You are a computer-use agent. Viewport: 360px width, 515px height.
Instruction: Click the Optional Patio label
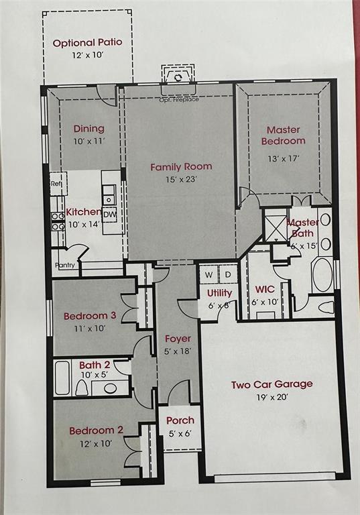point(87,43)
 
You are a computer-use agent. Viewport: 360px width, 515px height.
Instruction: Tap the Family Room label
point(181,167)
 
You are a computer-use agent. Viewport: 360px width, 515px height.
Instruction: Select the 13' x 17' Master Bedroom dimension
point(283,158)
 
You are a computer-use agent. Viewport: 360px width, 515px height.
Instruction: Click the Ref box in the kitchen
point(58,183)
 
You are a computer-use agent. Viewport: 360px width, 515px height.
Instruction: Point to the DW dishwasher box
point(110,215)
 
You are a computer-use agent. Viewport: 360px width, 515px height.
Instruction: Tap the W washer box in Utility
point(209,274)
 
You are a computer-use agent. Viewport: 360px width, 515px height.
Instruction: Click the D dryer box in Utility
point(228,274)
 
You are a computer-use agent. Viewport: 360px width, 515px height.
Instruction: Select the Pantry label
point(65,265)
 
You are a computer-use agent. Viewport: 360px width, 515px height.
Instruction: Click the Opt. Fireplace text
point(179,99)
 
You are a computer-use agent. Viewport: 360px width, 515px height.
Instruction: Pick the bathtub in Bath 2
point(62,378)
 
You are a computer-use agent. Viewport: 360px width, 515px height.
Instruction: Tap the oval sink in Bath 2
point(111,388)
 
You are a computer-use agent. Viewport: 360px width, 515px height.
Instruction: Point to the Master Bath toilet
point(326,307)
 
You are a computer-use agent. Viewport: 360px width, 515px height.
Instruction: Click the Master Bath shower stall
point(276,228)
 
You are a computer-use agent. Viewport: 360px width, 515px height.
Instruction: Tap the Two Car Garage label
point(272,385)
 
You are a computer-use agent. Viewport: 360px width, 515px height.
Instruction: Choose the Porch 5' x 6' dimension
point(180,434)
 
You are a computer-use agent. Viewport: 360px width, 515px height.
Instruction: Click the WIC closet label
point(265,290)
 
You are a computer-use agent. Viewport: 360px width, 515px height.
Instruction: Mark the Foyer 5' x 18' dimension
point(178,351)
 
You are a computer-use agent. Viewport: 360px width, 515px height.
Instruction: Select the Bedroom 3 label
point(90,316)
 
